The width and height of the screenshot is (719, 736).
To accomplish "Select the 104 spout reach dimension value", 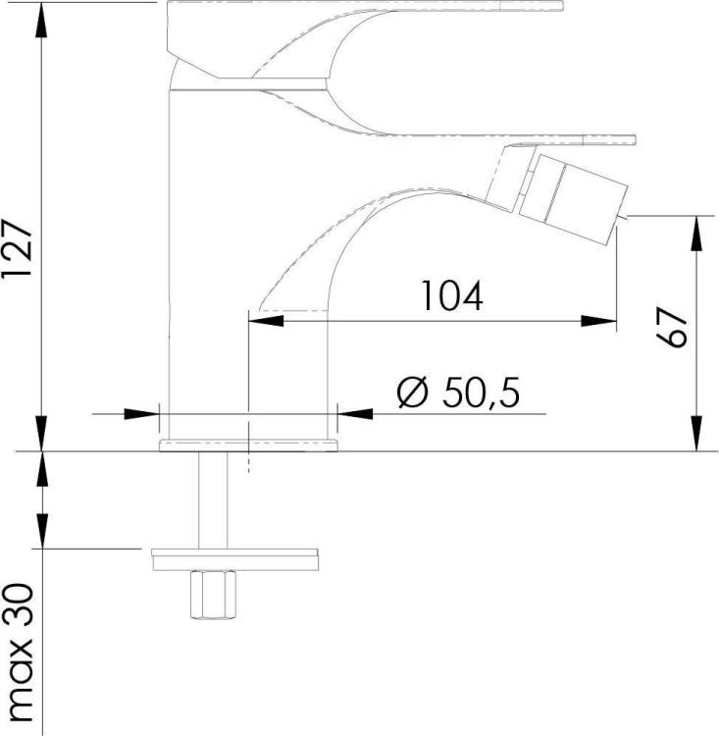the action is pyautogui.click(x=452, y=295).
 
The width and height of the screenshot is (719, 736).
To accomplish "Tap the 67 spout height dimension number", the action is pyautogui.click(x=672, y=327).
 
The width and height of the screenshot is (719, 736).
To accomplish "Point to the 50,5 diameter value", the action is pyautogui.click(x=481, y=392).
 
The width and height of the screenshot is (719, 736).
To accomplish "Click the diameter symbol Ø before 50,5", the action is pyautogui.click(x=413, y=392).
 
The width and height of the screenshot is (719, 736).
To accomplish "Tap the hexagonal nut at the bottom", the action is pyautogui.click(x=213, y=595).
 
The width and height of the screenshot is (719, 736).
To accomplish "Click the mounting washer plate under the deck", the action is pyautogui.click(x=235, y=559).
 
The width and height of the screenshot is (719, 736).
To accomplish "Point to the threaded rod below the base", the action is pyautogui.click(x=213, y=499).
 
